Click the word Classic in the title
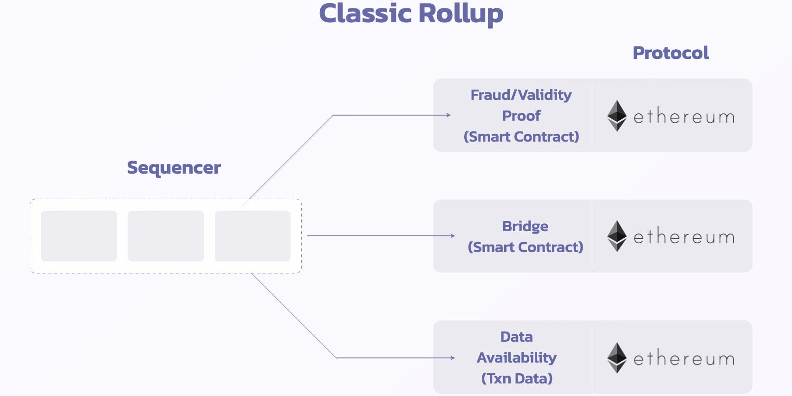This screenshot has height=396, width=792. coord(365,13)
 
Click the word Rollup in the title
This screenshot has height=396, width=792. coord(461,13)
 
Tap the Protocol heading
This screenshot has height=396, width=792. coord(670,53)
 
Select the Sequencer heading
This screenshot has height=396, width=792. coord(174,168)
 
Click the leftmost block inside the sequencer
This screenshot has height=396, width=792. coord(79,236)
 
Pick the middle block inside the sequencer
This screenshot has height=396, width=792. coord(166,236)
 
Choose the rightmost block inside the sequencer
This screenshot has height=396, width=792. coord(253,236)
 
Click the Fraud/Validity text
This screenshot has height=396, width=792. coord(521,95)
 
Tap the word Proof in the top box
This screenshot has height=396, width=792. coord(521,116)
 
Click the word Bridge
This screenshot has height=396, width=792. coord(525,226)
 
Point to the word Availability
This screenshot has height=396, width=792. coord(516,357)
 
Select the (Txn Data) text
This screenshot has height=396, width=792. coord(517,378)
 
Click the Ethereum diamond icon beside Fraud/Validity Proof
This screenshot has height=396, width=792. coord(617,116)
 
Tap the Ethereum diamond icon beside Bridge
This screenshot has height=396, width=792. coord(617,236)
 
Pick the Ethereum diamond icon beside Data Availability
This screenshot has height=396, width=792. coord(617,357)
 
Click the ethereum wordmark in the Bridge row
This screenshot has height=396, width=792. coord(684,237)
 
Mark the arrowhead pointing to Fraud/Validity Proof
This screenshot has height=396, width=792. coord(448,115)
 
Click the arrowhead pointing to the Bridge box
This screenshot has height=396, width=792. coord(453,236)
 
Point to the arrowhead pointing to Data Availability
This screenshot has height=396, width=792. coord(453,358)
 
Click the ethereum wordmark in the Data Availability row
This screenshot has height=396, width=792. coord(684,358)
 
